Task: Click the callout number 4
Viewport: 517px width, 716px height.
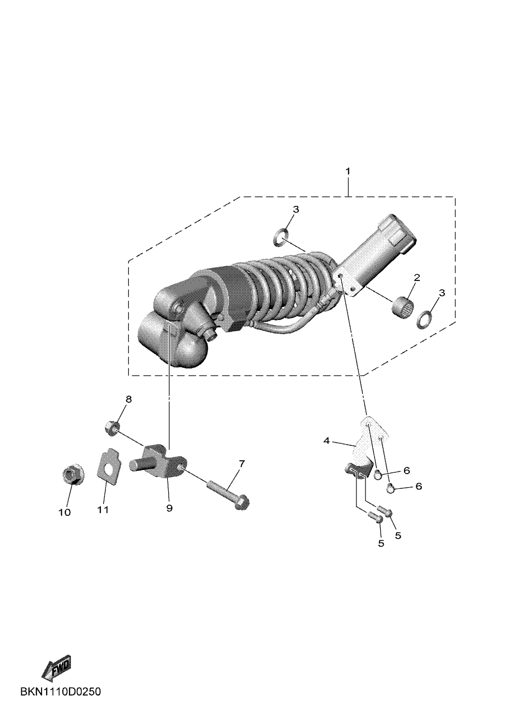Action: pyautogui.click(x=327, y=441)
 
